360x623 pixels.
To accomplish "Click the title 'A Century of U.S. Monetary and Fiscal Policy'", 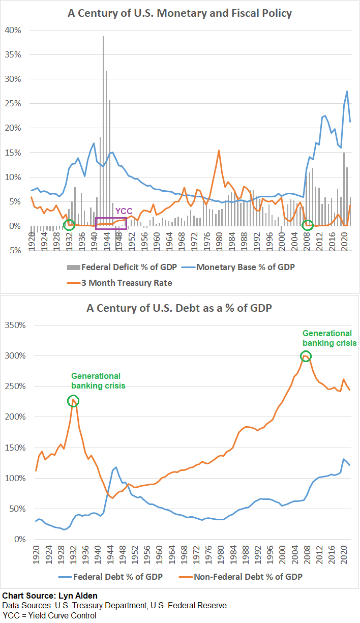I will pos(180,13).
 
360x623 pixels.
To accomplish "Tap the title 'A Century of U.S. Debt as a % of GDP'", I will pos(180,308).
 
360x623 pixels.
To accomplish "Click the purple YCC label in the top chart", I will pos(124,211).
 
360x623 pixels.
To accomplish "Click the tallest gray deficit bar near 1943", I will pos(103,102).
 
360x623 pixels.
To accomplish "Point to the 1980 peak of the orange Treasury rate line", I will pos(219,151).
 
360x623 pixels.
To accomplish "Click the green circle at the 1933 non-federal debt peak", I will pos(74,401).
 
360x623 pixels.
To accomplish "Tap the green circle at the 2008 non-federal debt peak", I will pos(306,357).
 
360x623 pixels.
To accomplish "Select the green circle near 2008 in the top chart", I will pos(307,225).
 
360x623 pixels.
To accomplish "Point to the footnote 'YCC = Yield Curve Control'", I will pos(49,615).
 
